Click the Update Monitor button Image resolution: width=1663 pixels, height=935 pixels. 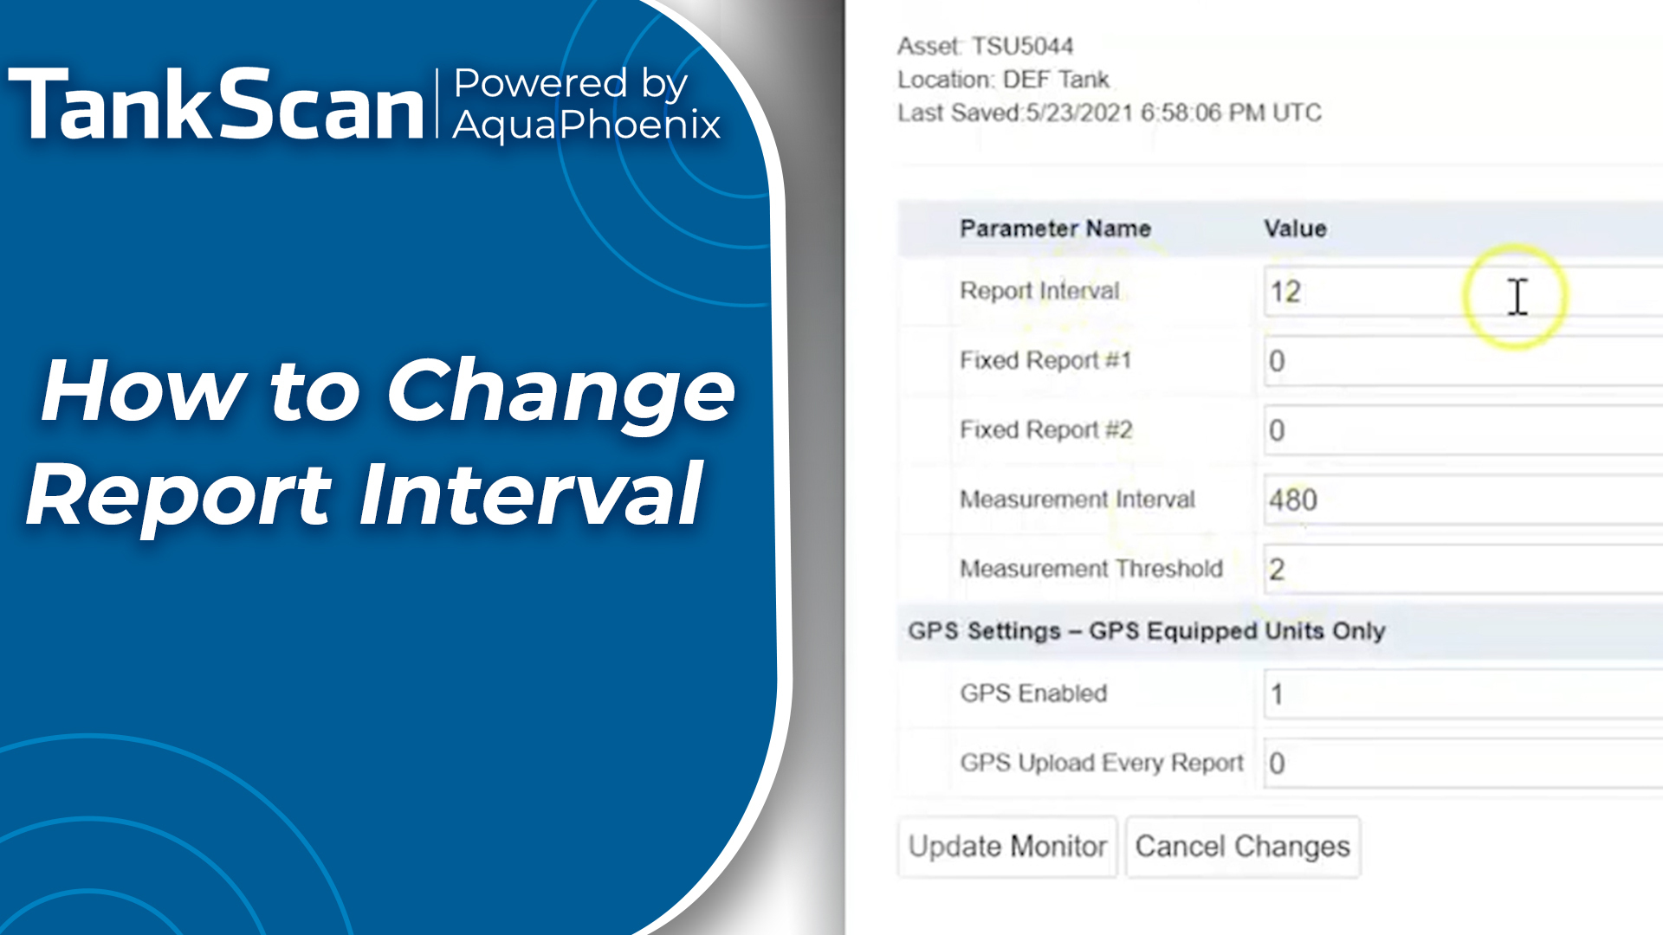[1007, 846]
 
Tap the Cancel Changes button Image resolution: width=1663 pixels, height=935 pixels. [1243, 846]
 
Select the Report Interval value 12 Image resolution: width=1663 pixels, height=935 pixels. [1285, 292]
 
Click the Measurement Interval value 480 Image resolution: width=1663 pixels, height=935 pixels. [1293, 500]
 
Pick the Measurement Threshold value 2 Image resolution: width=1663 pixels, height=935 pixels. [1277, 569]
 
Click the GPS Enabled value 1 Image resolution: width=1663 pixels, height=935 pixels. [1277, 694]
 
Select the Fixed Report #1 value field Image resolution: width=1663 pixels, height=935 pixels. [1463, 361]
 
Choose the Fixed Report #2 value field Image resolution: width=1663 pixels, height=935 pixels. [1463, 430]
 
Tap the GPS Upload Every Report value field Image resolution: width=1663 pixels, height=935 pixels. [1463, 764]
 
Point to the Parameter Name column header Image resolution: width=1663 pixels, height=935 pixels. [1055, 229]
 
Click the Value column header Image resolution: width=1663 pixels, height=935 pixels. [1295, 229]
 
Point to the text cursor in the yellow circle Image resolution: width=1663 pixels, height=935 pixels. [1517, 297]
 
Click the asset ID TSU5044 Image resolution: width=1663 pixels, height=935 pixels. [1022, 46]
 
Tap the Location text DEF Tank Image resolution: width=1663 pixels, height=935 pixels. [1056, 80]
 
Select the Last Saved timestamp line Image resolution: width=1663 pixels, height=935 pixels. [1110, 113]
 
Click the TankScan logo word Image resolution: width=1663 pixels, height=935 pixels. [217, 105]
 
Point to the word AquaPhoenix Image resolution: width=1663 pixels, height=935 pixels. [586, 125]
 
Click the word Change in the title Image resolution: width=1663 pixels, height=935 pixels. [560, 391]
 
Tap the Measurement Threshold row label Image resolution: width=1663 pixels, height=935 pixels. [1091, 569]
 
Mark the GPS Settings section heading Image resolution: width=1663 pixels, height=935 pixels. [1147, 631]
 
